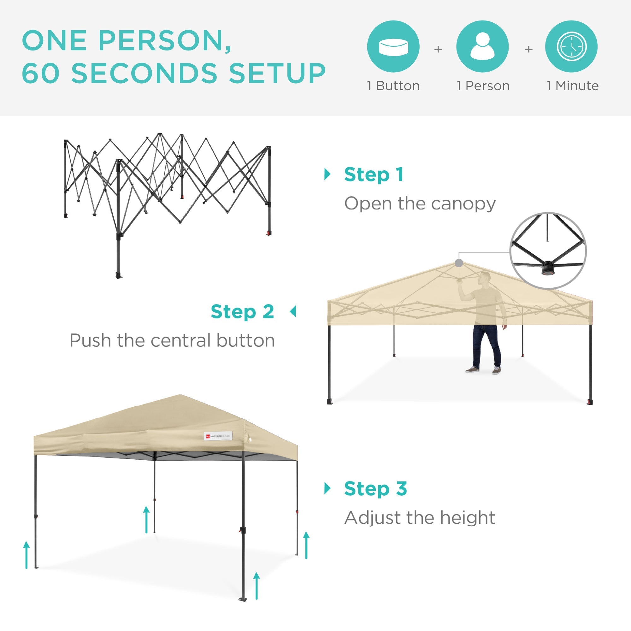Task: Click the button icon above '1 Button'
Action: (393, 46)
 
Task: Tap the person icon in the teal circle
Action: (482, 46)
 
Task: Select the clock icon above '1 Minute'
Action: (571, 46)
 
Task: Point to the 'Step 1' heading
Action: (374, 174)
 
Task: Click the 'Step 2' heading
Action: (242, 312)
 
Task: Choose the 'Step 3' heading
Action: (375, 489)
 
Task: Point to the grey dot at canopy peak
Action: (458, 263)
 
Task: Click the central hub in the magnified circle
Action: (548, 268)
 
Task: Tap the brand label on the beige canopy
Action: (218, 436)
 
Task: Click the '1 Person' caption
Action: (483, 86)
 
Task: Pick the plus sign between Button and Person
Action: (438, 49)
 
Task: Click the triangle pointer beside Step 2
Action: (293, 312)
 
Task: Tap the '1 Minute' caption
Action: (572, 86)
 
